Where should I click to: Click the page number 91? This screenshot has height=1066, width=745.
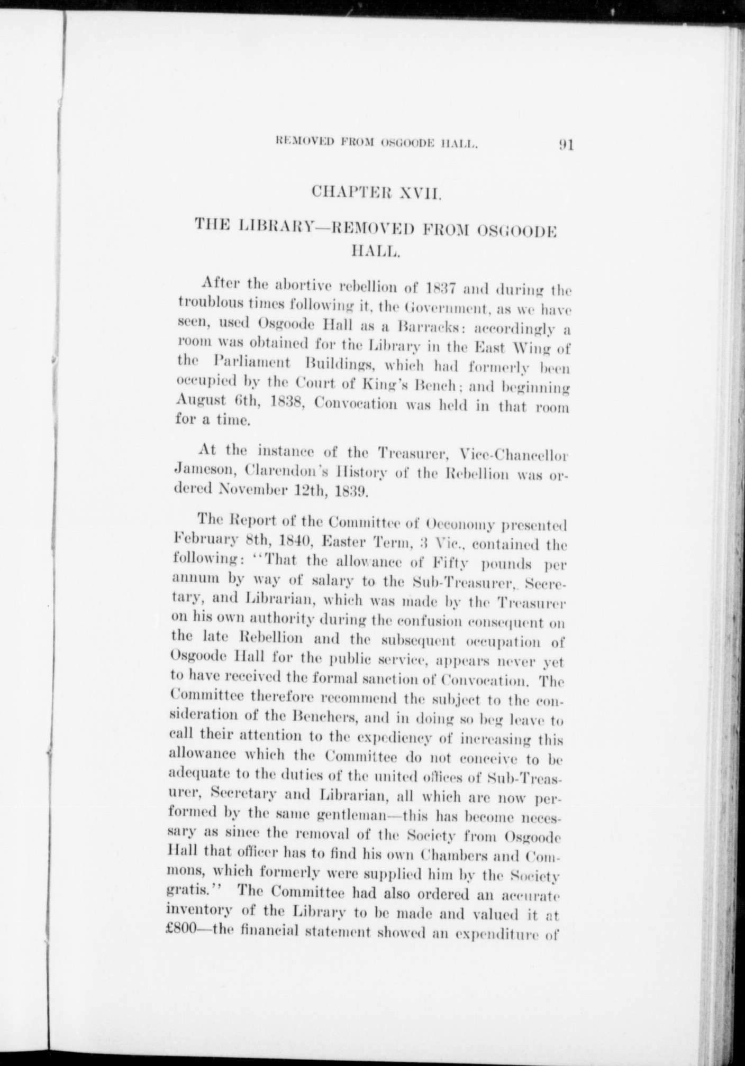pyautogui.click(x=565, y=145)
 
